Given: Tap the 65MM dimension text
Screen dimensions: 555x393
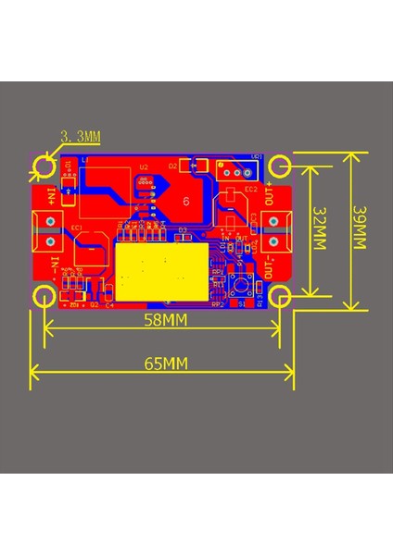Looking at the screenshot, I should (163, 362).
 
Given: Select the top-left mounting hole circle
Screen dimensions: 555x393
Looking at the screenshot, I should (44, 166).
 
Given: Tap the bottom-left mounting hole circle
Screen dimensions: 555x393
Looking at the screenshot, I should (44, 296).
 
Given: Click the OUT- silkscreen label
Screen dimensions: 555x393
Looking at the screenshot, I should (269, 267).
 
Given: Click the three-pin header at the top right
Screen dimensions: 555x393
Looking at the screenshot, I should (234, 170).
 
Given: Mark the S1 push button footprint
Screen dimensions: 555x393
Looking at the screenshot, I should (244, 284).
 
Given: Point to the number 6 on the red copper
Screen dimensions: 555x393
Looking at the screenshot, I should (186, 201).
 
